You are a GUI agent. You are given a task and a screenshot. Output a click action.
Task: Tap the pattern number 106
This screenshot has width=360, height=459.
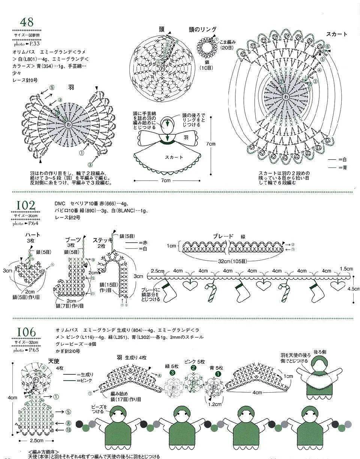pos(26,332)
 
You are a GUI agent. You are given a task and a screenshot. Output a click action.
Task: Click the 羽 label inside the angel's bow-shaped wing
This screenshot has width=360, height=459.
pos(186,138)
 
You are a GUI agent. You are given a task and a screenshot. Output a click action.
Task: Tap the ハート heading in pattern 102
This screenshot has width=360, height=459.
pos(32,235)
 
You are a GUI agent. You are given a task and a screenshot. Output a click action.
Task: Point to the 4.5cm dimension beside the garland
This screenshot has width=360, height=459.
pos(354,289)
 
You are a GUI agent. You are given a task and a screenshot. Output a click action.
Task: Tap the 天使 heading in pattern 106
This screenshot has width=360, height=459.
pos(53,361)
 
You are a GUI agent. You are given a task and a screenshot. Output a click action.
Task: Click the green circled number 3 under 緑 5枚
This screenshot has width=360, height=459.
pos(172,373)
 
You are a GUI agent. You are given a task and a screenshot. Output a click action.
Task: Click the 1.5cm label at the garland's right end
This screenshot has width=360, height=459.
pos(346,269)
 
